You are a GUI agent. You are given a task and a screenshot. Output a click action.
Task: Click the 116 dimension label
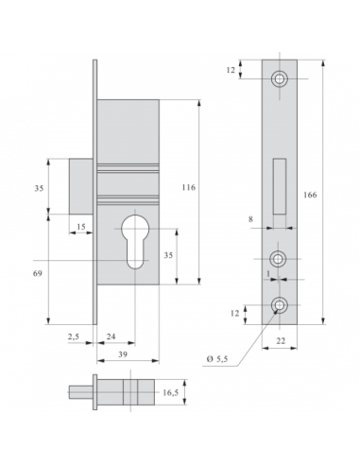(x=188, y=188)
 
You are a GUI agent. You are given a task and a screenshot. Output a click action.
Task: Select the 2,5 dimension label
(x=73, y=336)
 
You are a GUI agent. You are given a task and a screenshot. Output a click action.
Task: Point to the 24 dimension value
(x=110, y=336)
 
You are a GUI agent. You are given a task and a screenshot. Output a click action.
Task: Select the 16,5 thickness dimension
(x=171, y=392)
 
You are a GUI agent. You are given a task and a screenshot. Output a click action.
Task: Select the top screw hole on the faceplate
(x=280, y=78)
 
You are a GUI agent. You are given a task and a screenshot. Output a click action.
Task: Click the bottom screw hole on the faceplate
(x=280, y=306)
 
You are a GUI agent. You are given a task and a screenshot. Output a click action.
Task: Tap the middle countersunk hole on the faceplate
(x=280, y=258)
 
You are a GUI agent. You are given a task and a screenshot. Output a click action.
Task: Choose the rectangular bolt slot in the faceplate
(x=280, y=184)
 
